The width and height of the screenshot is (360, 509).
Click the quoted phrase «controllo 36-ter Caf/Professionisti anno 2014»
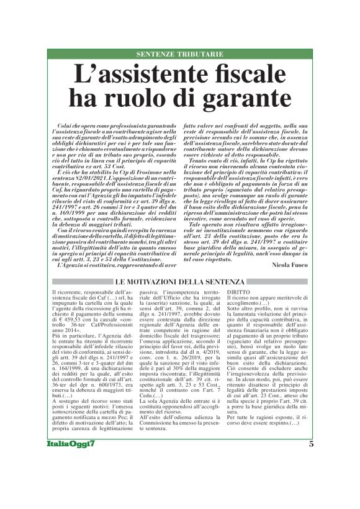[x=88, y=328]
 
